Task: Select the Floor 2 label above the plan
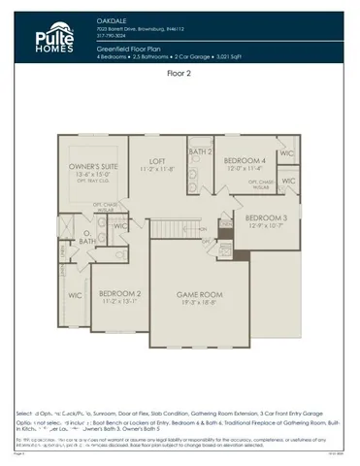pyautogui.click(x=180, y=73)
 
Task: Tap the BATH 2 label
pyautogui.click(x=200, y=152)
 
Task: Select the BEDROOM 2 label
pyautogui.click(x=120, y=293)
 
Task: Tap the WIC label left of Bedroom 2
pyautogui.click(x=75, y=294)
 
